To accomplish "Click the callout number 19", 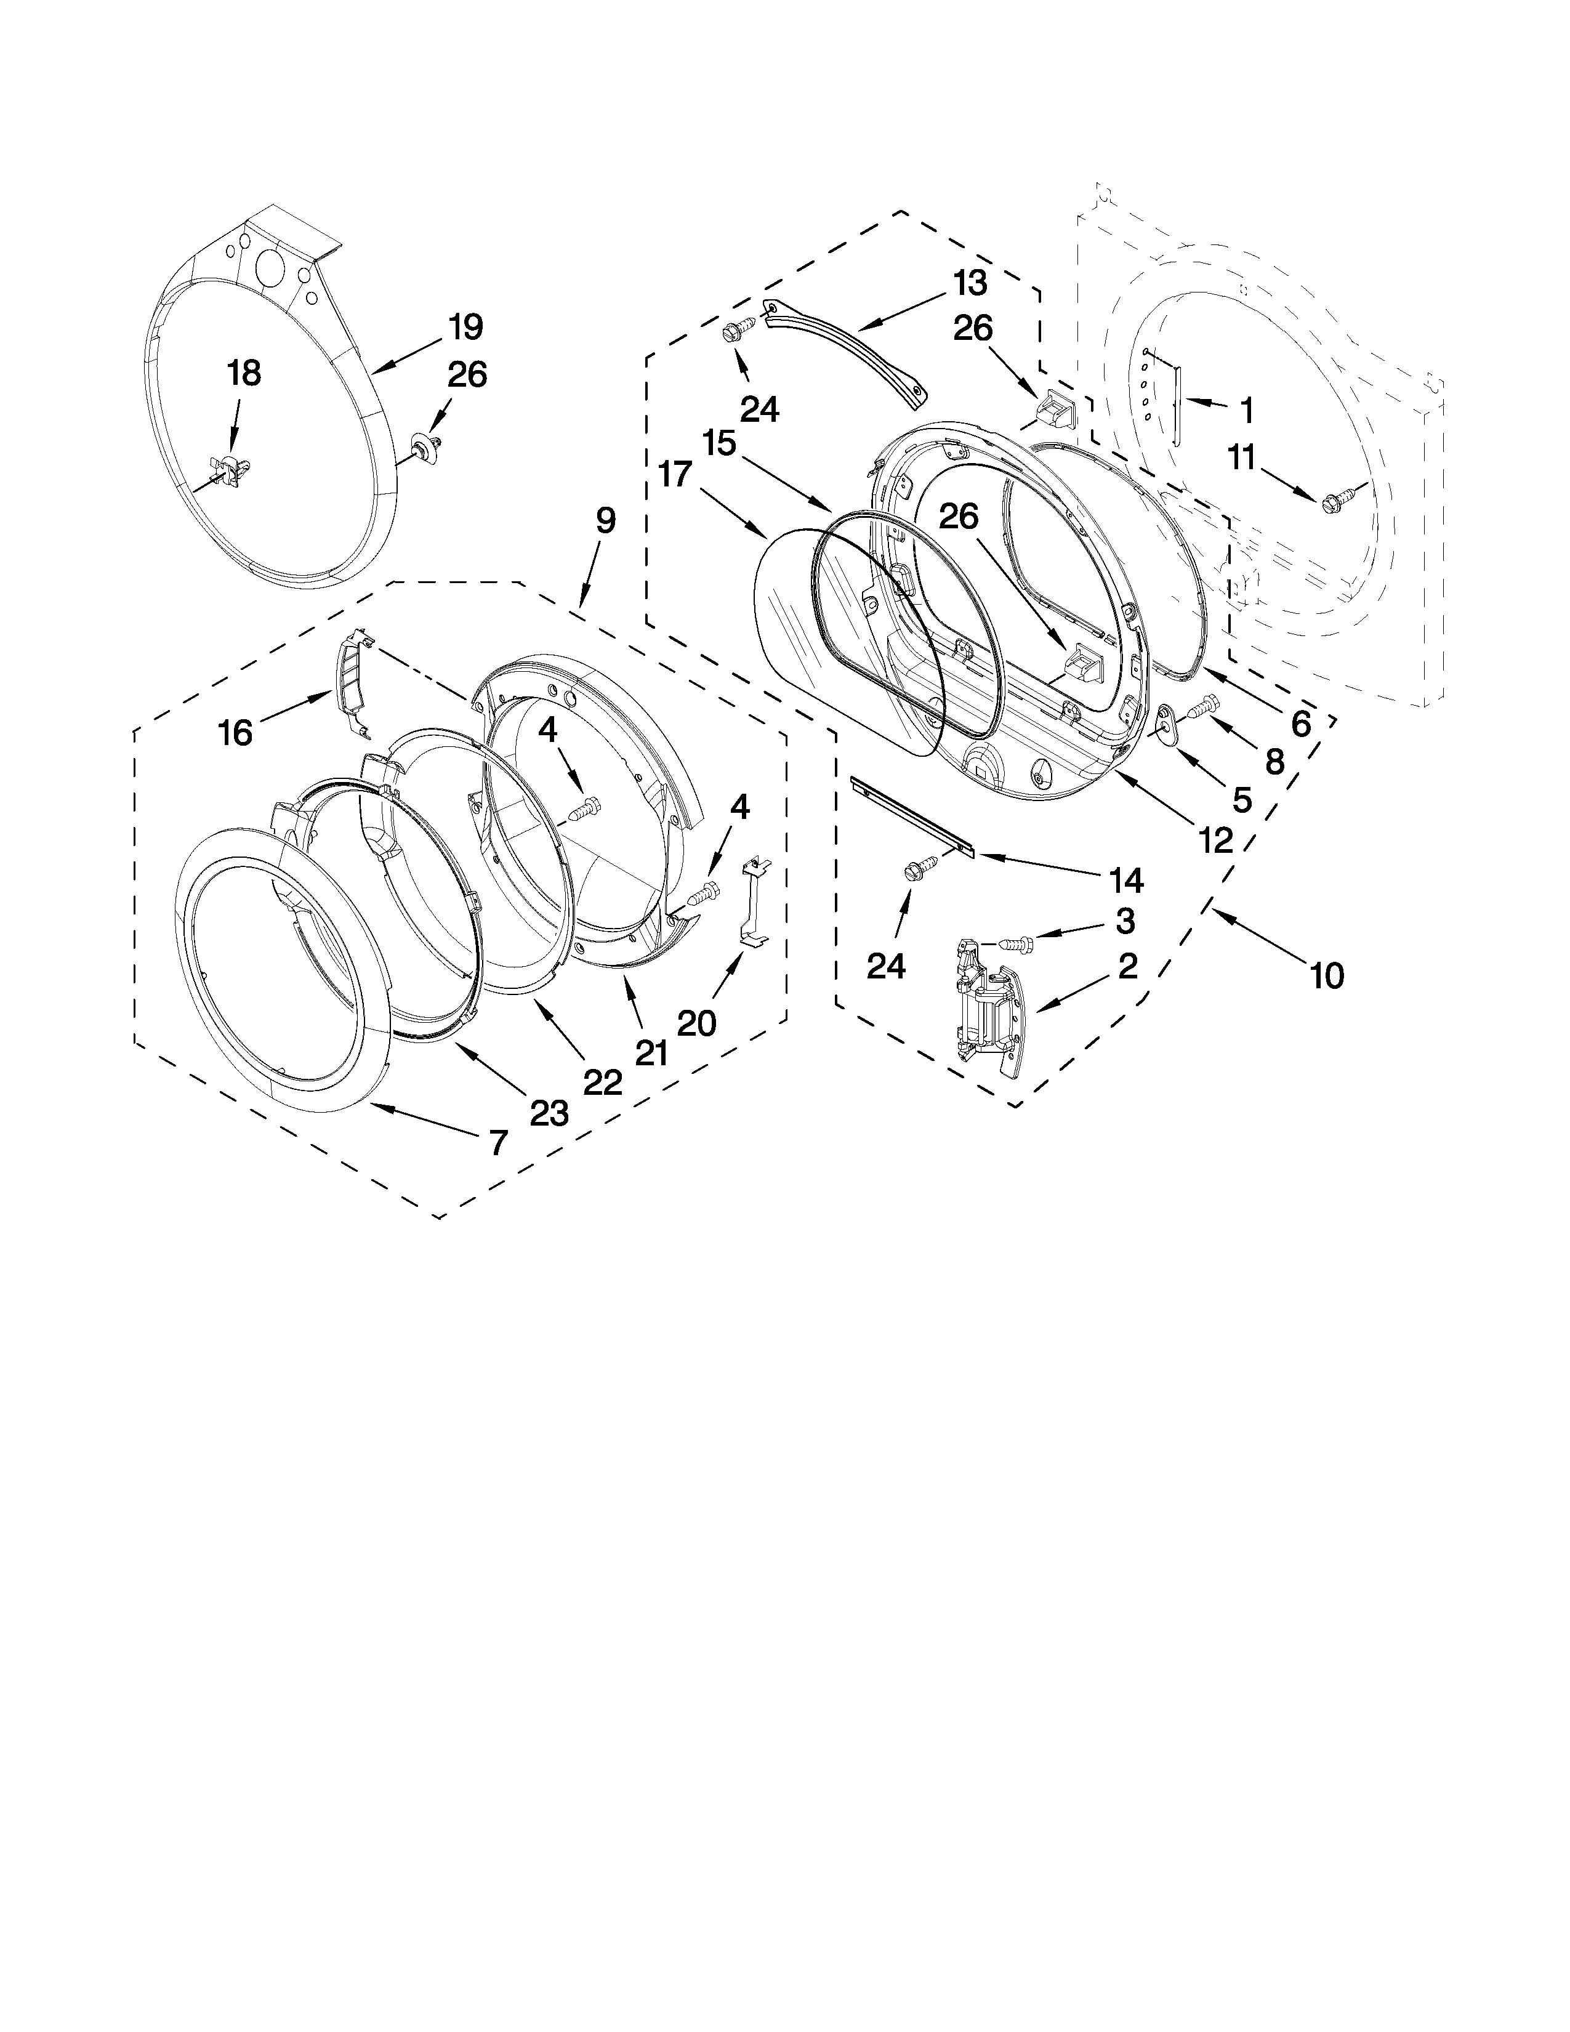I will click(465, 328).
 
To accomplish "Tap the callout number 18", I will click(244, 374).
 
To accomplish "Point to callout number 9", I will click(605, 520).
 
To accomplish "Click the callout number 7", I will click(499, 1142).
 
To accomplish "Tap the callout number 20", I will click(696, 1023).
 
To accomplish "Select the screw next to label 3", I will click(1020, 943).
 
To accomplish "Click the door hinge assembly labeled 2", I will click(991, 1009).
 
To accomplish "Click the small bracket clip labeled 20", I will click(755, 901).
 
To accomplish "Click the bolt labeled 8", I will click(1202, 706).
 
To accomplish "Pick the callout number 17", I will click(675, 475).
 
